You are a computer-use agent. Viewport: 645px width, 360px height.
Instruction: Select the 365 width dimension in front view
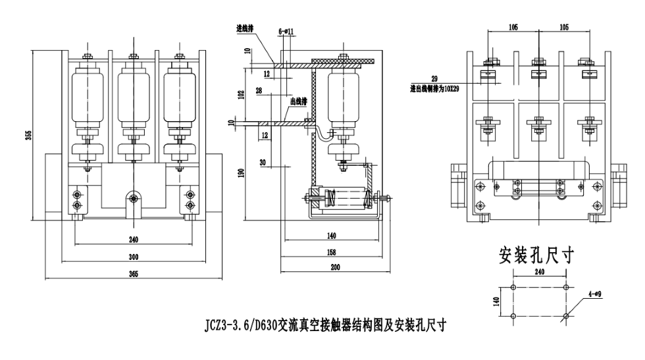point(133,275)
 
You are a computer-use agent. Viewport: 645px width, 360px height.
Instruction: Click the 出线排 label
point(299,102)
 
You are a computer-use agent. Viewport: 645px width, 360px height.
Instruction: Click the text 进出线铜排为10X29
point(435,88)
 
